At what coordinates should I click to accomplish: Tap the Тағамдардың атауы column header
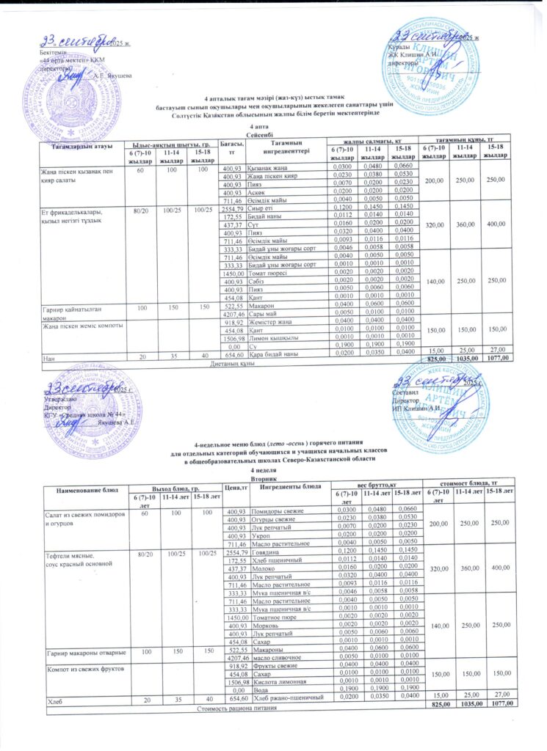point(82,147)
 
